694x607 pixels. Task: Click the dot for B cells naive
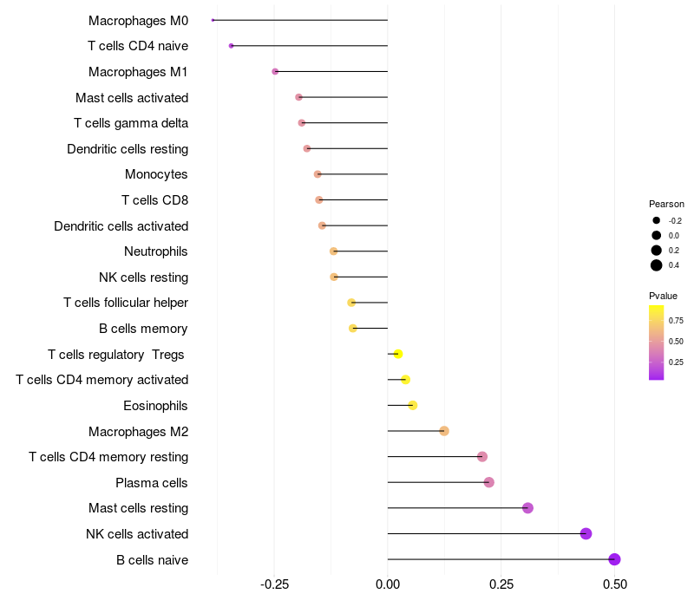pos(615,559)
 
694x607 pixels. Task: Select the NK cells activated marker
pos(586,533)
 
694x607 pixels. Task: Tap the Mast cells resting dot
pos(527,508)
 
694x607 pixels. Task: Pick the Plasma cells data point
pos(488,482)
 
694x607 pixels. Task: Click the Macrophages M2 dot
pos(444,431)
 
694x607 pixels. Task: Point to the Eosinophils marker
pos(413,406)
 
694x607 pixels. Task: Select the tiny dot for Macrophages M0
pos(213,20)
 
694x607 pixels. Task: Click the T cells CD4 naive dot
pos(231,45)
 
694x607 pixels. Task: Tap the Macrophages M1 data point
pos(275,71)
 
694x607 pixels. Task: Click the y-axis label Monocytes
pos(156,174)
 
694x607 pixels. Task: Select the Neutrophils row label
pos(156,251)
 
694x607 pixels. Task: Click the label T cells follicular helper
pos(126,303)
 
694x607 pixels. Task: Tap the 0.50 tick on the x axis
pos(614,585)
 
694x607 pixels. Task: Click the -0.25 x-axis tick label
pos(275,585)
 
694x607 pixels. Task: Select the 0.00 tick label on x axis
pos(388,585)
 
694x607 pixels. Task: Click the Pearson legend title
pos(666,204)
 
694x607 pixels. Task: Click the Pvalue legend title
pos(664,296)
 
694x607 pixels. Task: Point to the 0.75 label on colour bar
pos(677,320)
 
